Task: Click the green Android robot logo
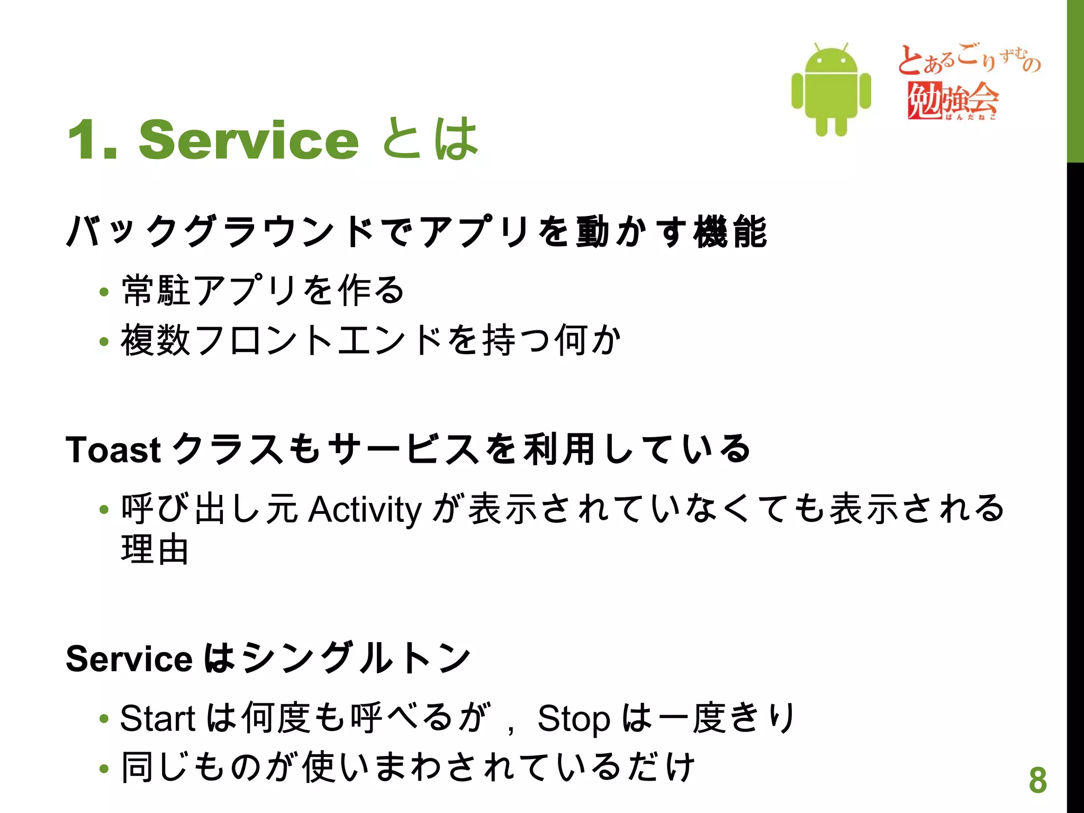coord(831,90)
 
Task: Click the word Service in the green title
coord(249,140)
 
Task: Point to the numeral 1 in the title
coord(85,140)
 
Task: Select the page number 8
coord(1038,780)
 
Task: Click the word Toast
coord(113,450)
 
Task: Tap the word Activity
coord(365,509)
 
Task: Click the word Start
coord(158,719)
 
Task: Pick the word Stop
coord(574,719)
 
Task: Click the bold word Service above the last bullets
coord(129,659)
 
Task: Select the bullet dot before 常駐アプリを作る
coord(104,292)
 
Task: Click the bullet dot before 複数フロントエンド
coord(104,341)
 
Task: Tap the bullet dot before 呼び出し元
coord(104,510)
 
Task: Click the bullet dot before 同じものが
coord(104,769)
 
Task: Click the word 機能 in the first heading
coord(730,232)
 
